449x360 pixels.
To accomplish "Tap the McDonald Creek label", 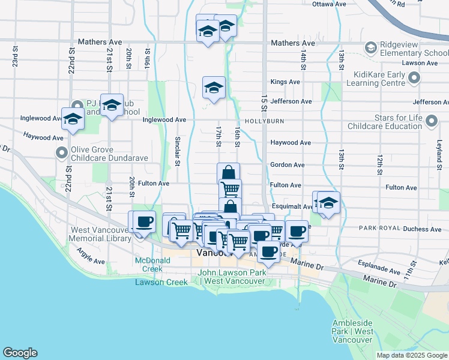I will click(152, 265).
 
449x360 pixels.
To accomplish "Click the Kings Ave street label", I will click(285, 82).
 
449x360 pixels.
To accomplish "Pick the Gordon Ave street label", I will click(288, 164).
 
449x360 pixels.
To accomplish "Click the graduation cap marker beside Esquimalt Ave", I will click(329, 203).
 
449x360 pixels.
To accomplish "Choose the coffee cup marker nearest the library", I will click(143, 222).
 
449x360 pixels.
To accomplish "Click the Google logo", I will click(20, 353).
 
